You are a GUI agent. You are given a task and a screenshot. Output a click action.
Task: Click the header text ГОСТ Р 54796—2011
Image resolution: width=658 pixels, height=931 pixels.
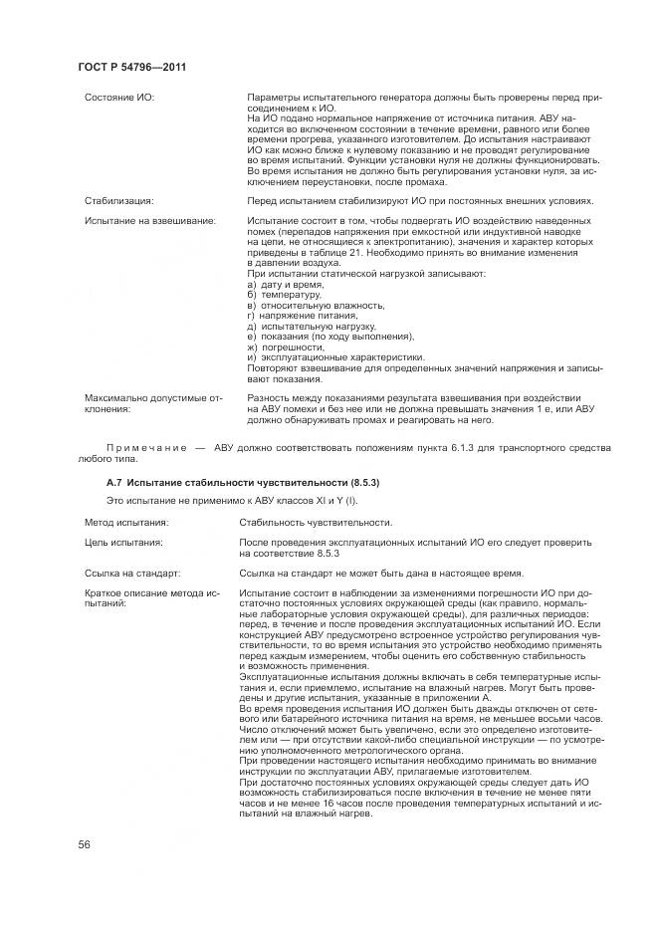131,67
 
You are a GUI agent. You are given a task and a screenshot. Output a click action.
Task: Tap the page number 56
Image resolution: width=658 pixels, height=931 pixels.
85,844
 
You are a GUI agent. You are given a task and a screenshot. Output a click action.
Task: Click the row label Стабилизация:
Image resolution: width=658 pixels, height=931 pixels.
118,200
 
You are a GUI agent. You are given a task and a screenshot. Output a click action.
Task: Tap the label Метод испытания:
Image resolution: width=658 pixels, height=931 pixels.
125,521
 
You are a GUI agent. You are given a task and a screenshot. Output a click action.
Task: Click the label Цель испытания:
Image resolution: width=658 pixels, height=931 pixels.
123,542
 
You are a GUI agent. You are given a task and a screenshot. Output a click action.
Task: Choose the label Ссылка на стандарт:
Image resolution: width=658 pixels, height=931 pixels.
132,573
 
